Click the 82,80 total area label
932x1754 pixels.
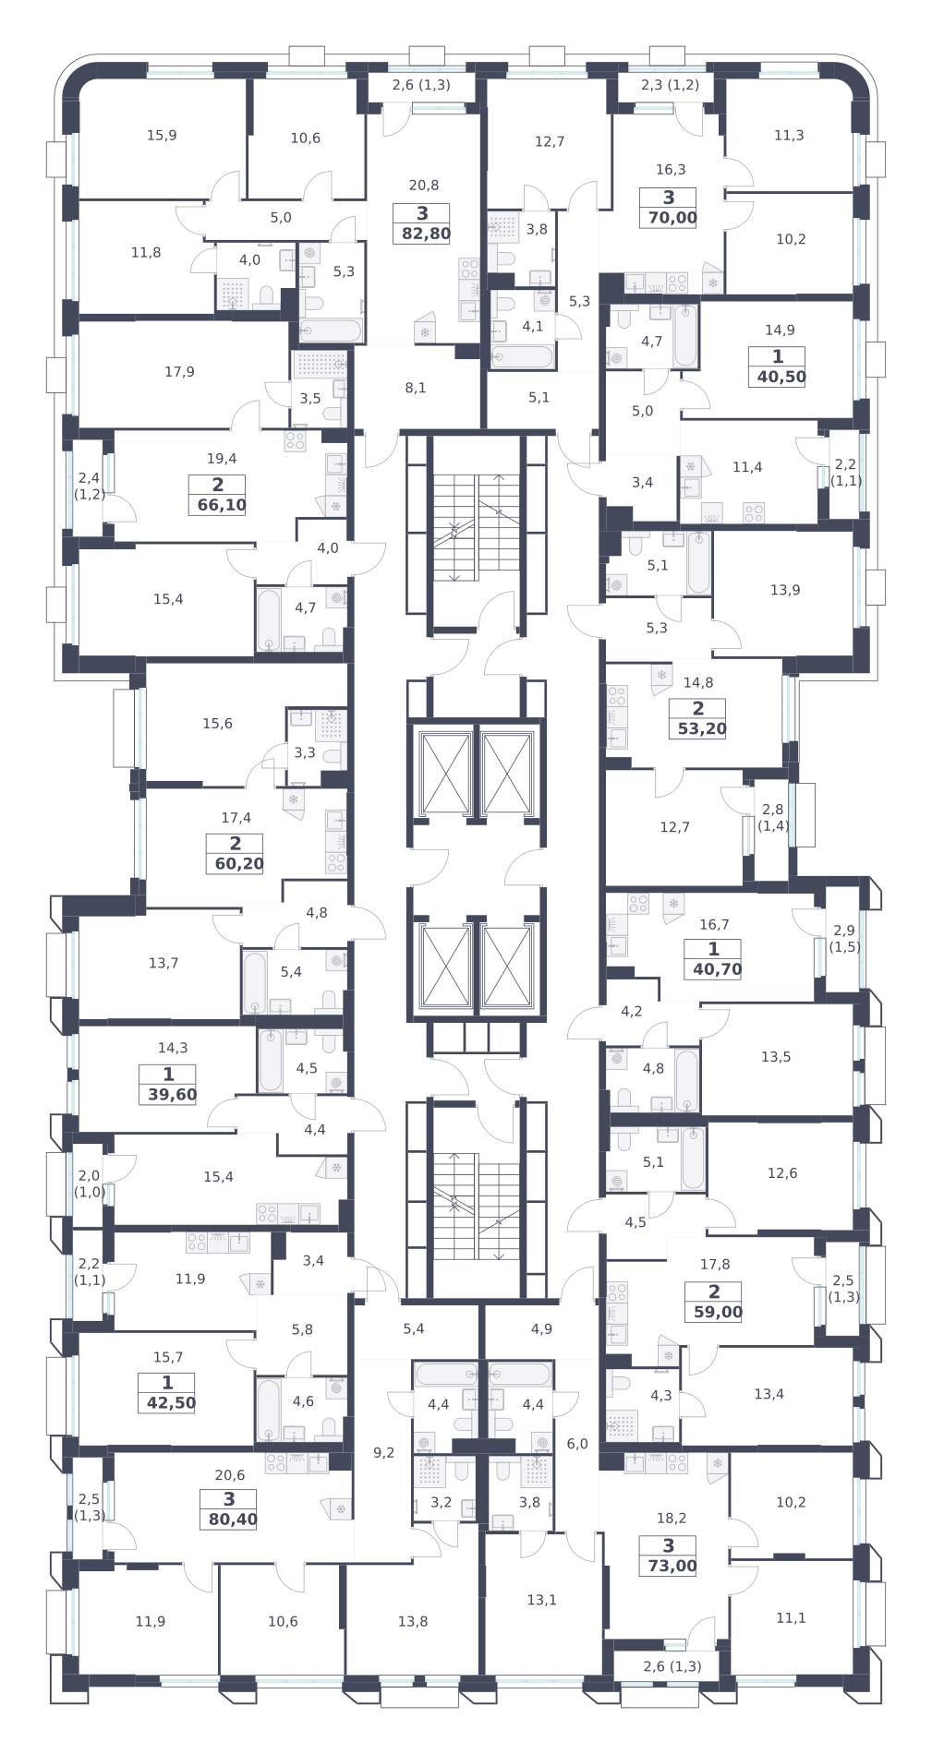coord(426,234)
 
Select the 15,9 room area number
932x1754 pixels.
coord(162,135)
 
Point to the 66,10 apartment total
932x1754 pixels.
coord(222,505)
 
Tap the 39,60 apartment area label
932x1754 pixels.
coord(173,1095)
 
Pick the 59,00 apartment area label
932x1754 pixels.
coord(719,1312)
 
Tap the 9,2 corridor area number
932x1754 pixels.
coord(383,1452)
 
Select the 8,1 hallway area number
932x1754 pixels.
coord(416,388)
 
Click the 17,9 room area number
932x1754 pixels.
coord(179,372)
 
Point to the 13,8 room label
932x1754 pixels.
coord(413,1621)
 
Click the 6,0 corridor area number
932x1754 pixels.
coord(577,1444)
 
